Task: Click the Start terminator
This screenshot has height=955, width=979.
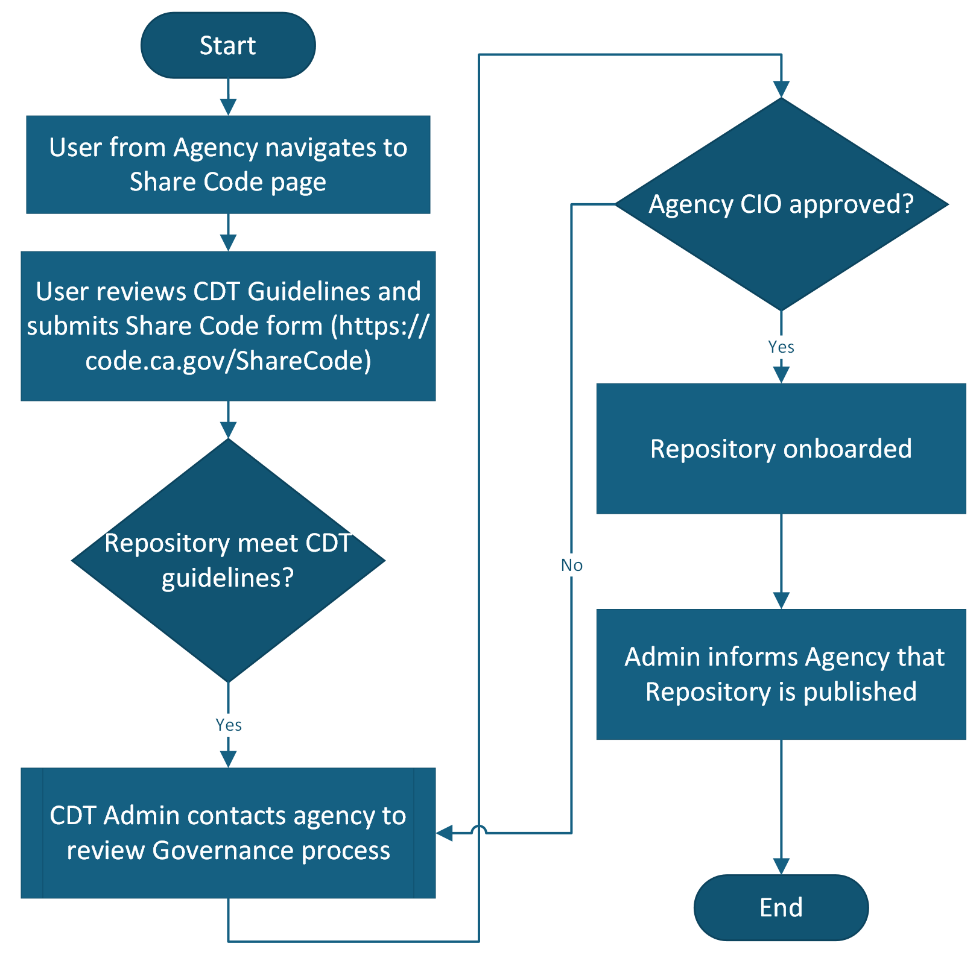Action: (228, 45)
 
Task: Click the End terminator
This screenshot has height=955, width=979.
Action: (781, 907)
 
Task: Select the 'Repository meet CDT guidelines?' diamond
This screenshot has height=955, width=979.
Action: (228, 560)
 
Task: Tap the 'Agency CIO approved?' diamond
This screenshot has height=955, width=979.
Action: (781, 204)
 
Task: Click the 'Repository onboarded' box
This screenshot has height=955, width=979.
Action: (781, 449)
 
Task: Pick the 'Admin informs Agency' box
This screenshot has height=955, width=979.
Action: (781, 674)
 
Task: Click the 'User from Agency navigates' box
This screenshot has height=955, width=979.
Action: (228, 165)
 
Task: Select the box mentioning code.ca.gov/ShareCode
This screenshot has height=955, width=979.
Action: (228, 326)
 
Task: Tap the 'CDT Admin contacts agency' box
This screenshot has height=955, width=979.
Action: (228, 833)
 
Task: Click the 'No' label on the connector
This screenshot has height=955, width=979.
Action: (571, 565)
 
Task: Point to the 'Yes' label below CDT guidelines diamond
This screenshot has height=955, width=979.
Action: (229, 725)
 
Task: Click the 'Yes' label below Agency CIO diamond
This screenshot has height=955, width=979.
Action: (781, 347)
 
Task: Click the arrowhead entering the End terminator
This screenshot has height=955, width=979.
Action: (781, 866)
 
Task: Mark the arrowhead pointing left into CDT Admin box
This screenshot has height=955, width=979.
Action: (445, 833)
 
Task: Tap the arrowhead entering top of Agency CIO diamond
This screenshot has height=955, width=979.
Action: (781, 89)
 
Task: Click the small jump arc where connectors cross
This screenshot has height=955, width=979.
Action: (478, 830)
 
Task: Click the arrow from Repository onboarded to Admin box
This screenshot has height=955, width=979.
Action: (781, 561)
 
